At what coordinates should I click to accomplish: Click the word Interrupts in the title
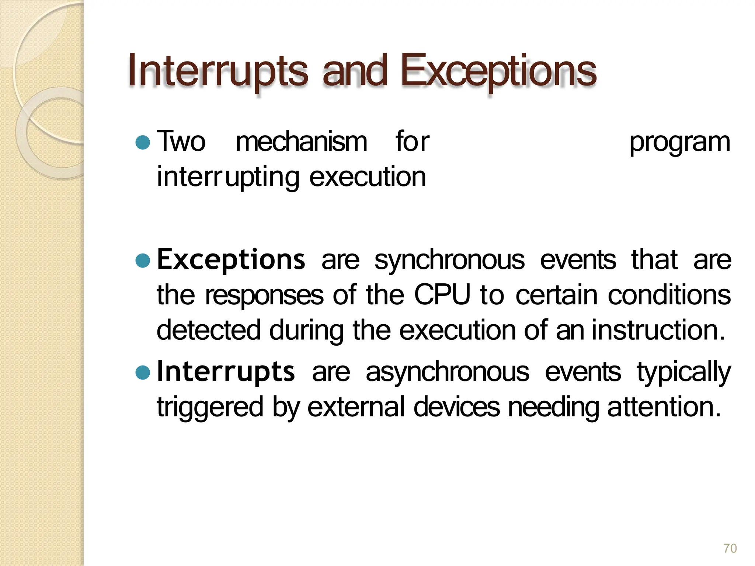tap(218, 71)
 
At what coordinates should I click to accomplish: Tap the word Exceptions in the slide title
tap(498, 71)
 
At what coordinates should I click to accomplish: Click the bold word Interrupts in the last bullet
tap(226, 371)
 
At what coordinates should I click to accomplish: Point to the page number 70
tap(730, 548)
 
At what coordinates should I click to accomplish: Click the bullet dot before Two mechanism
tap(143, 142)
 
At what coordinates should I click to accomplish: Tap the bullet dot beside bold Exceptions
tap(143, 261)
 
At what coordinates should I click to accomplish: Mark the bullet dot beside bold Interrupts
tap(143, 372)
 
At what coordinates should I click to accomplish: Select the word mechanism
tap(301, 142)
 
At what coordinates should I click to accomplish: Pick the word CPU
tap(442, 295)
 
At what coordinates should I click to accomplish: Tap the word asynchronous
tap(447, 372)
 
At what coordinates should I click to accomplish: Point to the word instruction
tap(658, 330)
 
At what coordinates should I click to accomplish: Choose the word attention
tap(664, 407)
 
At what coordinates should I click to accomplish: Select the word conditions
tap(669, 295)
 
